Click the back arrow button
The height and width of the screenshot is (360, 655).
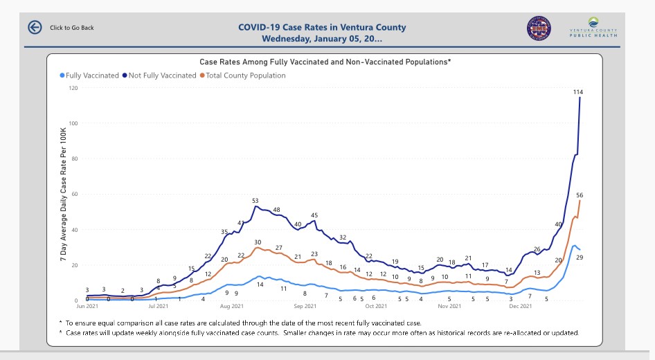(35, 27)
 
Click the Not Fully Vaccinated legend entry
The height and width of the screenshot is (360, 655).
(160, 75)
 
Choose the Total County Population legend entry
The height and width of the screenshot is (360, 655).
(243, 75)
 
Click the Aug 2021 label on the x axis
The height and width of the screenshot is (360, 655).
(232, 306)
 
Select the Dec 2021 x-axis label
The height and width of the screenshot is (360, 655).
(521, 306)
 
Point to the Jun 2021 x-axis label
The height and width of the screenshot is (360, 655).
(88, 306)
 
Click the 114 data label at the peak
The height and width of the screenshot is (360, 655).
(579, 92)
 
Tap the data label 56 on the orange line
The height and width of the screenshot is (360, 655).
(580, 195)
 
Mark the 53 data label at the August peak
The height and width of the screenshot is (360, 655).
(255, 201)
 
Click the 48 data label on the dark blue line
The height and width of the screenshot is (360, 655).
(276, 210)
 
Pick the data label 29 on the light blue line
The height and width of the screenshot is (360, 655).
(580, 258)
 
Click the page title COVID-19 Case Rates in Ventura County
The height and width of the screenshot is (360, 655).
(322, 28)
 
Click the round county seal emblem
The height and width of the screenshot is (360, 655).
(539, 28)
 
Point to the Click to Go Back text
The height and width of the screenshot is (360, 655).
(72, 28)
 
